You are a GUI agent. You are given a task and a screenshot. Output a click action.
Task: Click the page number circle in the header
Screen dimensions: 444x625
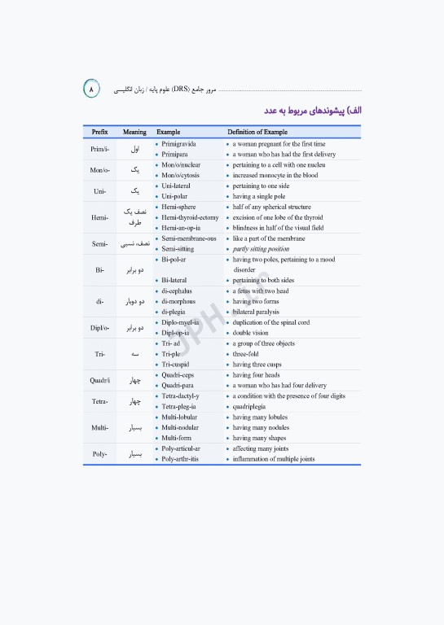(x=91, y=87)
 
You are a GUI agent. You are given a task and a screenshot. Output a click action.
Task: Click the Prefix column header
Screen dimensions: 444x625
(x=99, y=132)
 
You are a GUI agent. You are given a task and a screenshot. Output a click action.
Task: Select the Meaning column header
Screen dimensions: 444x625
(x=134, y=132)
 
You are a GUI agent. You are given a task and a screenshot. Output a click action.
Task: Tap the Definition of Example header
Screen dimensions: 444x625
(x=257, y=132)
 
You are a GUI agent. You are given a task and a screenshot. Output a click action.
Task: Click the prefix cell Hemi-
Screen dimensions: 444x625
(x=99, y=217)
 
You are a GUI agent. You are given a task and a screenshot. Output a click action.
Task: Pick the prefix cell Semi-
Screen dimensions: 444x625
(x=99, y=243)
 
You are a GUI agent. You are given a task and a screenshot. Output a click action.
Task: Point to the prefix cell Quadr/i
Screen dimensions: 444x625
(x=100, y=380)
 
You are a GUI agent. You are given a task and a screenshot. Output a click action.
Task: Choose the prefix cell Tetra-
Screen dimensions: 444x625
(x=99, y=401)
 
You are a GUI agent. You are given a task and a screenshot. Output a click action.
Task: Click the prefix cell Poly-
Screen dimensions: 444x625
(x=99, y=454)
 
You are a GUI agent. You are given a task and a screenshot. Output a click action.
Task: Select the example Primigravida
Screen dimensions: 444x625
(x=178, y=143)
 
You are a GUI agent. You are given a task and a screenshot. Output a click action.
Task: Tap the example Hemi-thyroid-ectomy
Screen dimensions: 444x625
(x=190, y=217)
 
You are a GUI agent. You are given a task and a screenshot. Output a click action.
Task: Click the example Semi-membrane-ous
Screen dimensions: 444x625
(x=189, y=238)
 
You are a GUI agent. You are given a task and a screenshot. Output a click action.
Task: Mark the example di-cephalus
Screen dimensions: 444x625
(x=177, y=291)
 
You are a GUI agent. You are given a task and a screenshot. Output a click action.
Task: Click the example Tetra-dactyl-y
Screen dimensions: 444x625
(x=180, y=396)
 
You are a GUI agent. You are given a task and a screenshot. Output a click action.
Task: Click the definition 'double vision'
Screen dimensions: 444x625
(x=252, y=333)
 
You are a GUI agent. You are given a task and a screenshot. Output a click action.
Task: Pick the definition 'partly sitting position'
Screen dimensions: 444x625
(x=261, y=249)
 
